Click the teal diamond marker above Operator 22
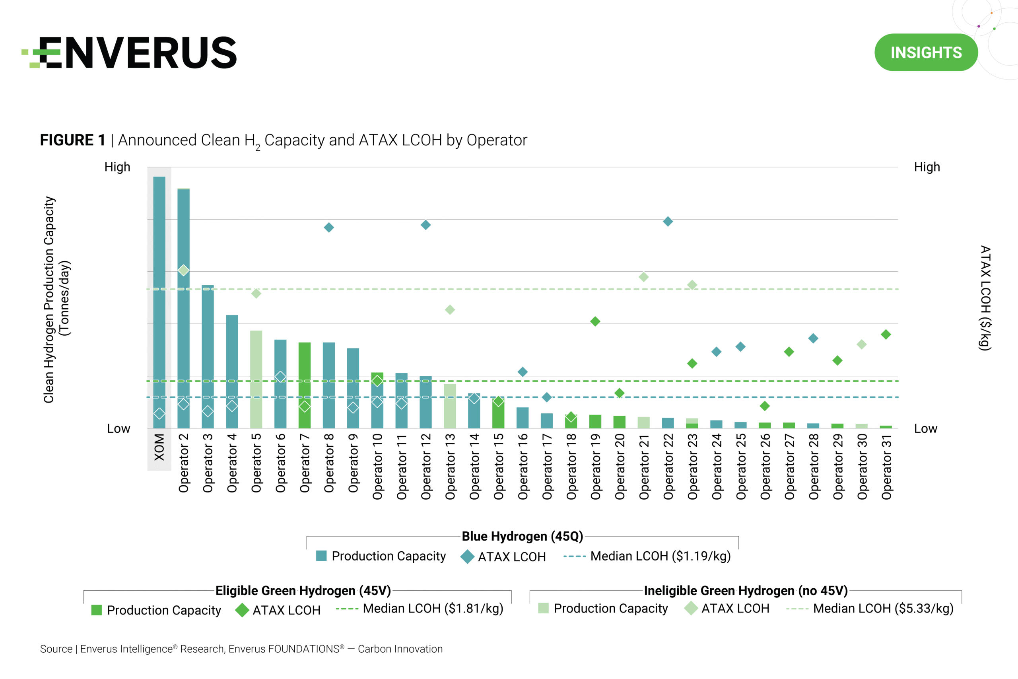[x=668, y=221]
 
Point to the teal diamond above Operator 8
[x=329, y=228]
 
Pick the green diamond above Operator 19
[x=595, y=321]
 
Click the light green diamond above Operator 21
[x=644, y=277]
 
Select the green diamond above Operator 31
[x=886, y=334]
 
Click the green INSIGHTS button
[x=926, y=53]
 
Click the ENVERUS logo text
[x=138, y=53]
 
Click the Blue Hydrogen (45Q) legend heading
[x=523, y=536]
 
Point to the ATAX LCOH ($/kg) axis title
[x=985, y=298]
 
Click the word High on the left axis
[x=117, y=167]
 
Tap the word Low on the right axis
[x=925, y=429]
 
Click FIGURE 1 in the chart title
[x=73, y=140]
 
